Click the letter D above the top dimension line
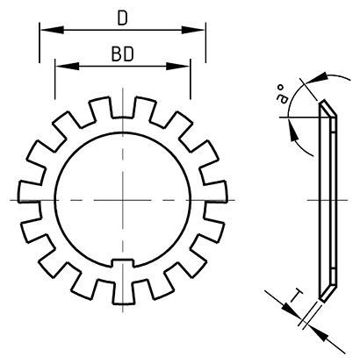tap(122, 17)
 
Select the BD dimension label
tap(122, 54)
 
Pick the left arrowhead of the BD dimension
tap(60, 67)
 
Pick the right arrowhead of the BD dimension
tap(184, 67)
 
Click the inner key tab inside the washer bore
tap(122, 261)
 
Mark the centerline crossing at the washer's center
tap(122, 199)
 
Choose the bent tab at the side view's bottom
tap(327, 292)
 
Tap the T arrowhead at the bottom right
tap(326, 334)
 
